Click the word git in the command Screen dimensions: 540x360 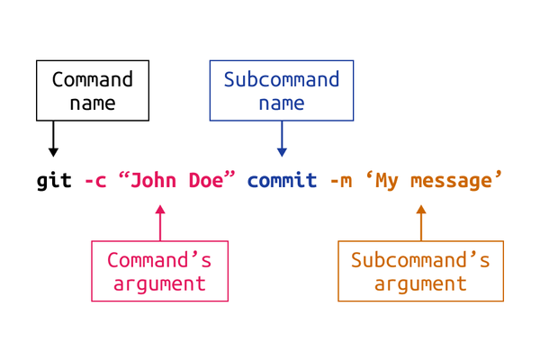point(54,181)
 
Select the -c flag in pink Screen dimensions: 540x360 point(95,181)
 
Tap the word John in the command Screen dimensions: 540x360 point(153,180)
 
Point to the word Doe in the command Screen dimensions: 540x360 point(206,180)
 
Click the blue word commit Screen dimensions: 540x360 point(282,180)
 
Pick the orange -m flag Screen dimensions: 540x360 point(341,181)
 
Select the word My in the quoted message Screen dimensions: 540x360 point(387,181)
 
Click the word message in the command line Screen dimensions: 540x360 point(452,182)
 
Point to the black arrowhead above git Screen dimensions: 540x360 point(53,152)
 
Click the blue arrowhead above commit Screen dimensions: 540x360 point(282,152)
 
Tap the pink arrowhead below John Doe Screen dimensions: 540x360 point(160,210)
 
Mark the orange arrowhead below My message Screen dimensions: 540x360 point(421,210)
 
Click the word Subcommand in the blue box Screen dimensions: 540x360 point(282,79)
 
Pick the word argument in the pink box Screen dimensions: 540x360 point(160,284)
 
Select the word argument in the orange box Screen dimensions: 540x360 point(421,284)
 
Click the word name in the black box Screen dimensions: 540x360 point(93,103)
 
